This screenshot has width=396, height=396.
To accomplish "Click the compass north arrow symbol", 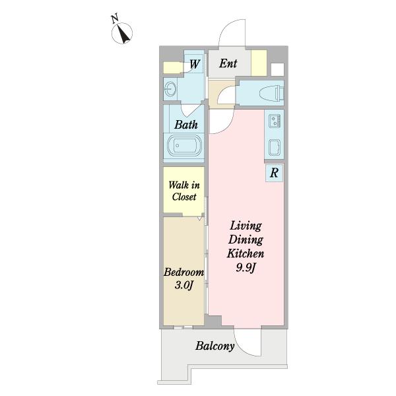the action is point(122,33).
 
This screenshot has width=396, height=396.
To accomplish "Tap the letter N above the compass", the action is point(115,19).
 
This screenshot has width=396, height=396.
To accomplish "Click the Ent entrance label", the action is point(228,63).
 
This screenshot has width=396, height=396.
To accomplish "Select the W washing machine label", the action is point(195,64).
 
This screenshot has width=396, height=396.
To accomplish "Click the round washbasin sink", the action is point(170,89).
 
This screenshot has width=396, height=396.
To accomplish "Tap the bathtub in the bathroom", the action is point(184,145).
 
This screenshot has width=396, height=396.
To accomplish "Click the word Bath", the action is point(186,125).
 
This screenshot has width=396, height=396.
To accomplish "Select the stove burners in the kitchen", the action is point(275,120).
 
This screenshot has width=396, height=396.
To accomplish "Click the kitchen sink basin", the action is point(275,147).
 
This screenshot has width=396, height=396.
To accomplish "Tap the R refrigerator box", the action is point(275,172).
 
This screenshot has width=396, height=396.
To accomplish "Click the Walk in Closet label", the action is point(184,191).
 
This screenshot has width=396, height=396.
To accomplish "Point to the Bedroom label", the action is point(184,272).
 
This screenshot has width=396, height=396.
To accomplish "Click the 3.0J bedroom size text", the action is point(184,285).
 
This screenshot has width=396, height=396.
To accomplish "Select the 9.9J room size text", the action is point(246,267).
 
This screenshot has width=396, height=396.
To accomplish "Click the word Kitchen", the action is point(246,253).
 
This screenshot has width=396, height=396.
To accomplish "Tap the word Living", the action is point(246,226).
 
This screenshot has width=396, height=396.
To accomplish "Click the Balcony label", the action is point(215,346).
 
